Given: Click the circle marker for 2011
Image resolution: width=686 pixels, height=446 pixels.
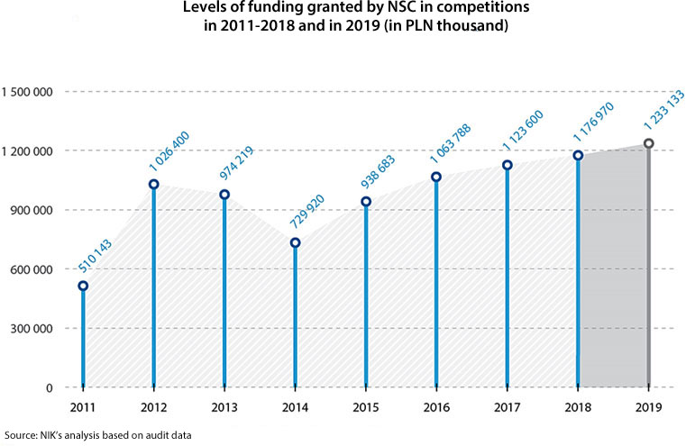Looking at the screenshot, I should (83, 287).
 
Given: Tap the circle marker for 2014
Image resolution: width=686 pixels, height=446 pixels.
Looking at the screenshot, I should (295, 243).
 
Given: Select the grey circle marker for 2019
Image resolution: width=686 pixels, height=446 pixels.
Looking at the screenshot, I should (648, 144).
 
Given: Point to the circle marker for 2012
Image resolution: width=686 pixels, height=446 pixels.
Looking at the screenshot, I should (154, 185).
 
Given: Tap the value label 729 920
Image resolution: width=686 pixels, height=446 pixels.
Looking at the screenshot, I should (307, 213).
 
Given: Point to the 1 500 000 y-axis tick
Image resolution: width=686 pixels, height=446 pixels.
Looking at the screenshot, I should (29, 92).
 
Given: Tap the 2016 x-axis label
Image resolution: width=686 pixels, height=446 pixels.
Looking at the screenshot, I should (436, 407).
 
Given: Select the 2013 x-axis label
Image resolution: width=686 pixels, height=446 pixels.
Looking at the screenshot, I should (224, 407).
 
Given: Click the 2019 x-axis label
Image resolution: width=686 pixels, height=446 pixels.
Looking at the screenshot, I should (648, 407).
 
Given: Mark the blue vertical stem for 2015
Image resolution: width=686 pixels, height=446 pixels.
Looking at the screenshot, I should (366, 297).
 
